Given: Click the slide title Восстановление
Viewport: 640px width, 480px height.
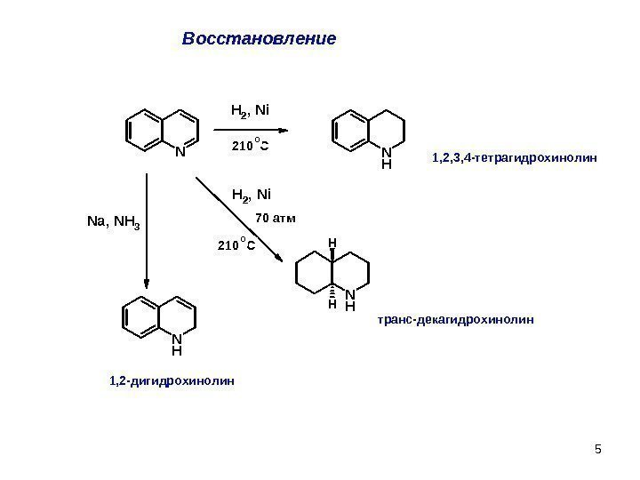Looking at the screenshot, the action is pyautogui.click(x=259, y=40).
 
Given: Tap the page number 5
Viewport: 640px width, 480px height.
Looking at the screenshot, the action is pyautogui.click(x=598, y=447).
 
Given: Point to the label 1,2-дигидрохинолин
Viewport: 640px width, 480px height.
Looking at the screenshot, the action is pyautogui.click(x=172, y=380).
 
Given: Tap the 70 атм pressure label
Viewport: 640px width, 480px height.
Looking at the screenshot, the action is pyautogui.click(x=275, y=217).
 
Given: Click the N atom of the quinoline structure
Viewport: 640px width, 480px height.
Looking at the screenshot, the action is pyautogui.click(x=179, y=151).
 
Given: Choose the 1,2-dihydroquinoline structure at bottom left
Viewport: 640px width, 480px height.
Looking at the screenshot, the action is pyautogui.click(x=161, y=320).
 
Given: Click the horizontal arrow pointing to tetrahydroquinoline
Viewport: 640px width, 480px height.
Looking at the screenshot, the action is pyautogui.click(x=258, y=129).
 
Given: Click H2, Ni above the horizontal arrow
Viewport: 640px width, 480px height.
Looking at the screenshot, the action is pyautogui.click(x=250, y=111).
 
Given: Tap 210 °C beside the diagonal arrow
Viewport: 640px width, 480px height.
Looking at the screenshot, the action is pyautogui.click(x=236, y=245).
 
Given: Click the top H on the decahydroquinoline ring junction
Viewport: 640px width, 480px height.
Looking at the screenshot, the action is pyautogui.click(x=332, y=242).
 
